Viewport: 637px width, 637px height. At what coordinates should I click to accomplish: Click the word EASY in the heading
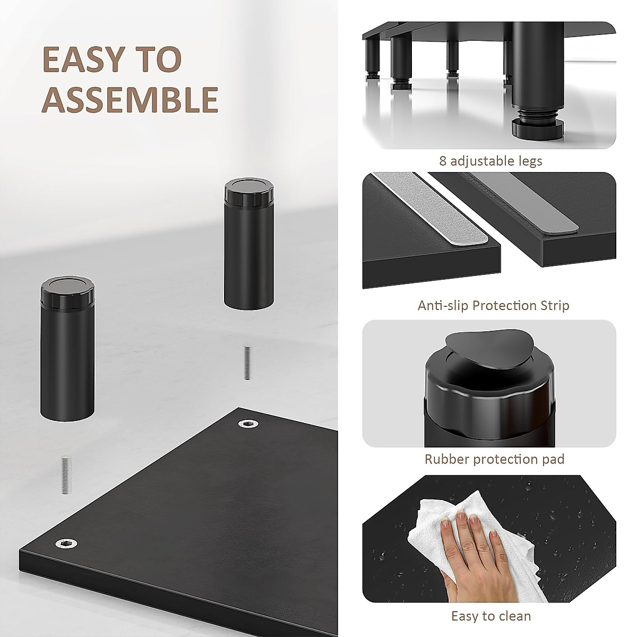coord(85,59)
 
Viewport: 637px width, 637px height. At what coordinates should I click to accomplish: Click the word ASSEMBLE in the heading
coord(130,99)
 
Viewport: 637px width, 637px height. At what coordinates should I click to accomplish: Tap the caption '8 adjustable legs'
coord(490,161)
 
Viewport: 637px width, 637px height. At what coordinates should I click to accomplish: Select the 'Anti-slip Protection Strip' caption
coord(493,306)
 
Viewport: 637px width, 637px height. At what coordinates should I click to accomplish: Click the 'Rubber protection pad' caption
coord(494,459)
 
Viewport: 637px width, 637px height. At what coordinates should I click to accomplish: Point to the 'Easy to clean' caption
coord(490,616)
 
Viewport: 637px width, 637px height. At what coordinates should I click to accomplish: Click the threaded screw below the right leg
coord(247,363)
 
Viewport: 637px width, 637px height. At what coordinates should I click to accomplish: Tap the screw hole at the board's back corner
coord(247,423)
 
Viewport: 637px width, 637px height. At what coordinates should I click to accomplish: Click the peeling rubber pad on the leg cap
coord(480,347)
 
